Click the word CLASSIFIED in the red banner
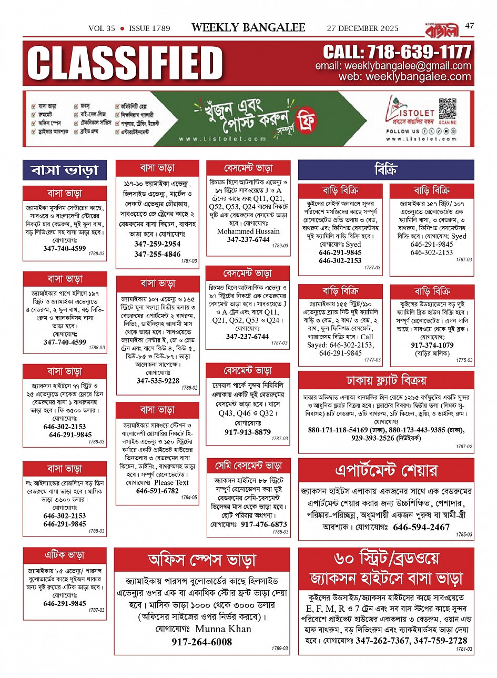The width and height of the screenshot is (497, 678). coord(125,63)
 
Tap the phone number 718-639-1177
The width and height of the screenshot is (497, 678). coord(397,52)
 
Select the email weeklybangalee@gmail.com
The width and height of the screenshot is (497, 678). coord(393,66)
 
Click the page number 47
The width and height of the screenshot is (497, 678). coord(469,26)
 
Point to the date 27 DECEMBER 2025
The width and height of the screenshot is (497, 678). coord(362,28)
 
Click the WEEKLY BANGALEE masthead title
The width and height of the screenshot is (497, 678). coord(248,27)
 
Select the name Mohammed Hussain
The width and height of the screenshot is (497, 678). coord(248,231)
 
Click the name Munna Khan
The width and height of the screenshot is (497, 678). coord(223,629)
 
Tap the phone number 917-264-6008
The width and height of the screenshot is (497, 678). coord(201,642)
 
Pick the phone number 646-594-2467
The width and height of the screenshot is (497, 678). coord(421,527)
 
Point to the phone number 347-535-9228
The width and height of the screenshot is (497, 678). coord(158,381)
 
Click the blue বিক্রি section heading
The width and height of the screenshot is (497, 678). coord(386,170)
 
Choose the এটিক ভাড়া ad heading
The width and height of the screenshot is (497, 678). coord(64,555)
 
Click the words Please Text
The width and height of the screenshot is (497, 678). coord(171,482)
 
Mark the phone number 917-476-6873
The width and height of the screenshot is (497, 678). coord(264,524)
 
